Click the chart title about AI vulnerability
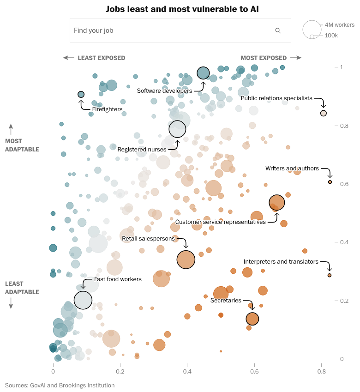click(x=180, y=9)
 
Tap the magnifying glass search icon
click(x=278, y=30)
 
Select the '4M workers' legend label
click(x=339, y=25)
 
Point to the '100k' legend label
click(x=331, y=36)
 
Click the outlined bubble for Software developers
click(x=204, y=72)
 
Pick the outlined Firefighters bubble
click(x=81, y=94)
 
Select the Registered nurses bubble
click(x=177, y=129)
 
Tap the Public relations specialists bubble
click(x=324, y=113)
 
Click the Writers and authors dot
click(x=330, y=182)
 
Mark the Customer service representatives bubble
click(x=277, y=202)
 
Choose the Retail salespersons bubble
click(x=186, y=259)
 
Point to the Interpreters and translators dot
click(x=330, y=275)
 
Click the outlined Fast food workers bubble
click(x=83, y=300)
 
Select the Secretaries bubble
click(x=252, y=319)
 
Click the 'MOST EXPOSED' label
click(x=264, y=58)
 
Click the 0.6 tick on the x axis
click(x=254, y=371)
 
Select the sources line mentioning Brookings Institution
click(x=60, y=385)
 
